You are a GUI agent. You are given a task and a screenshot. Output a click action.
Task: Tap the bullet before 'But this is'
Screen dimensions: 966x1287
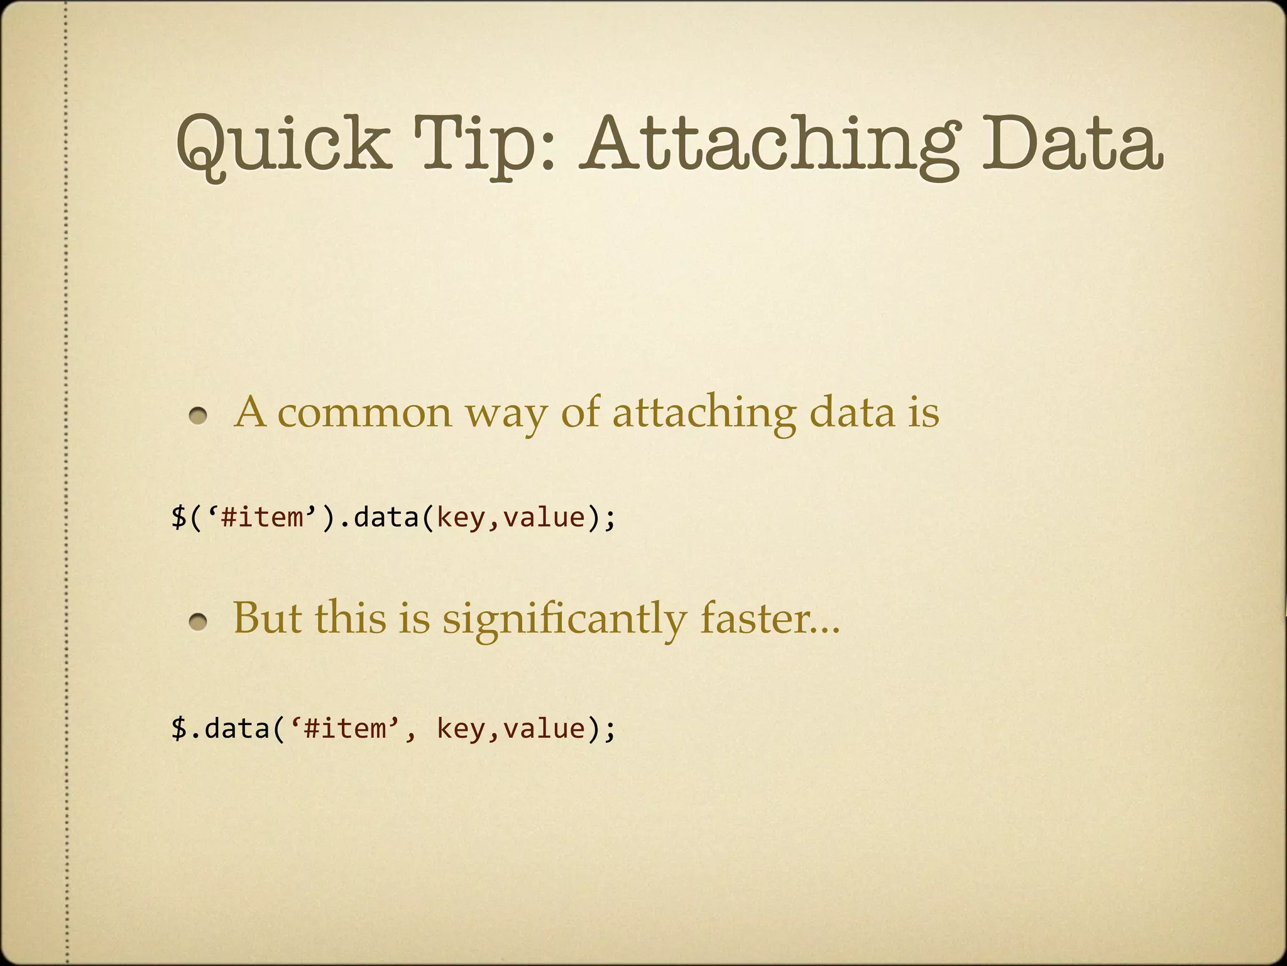pos(199,622)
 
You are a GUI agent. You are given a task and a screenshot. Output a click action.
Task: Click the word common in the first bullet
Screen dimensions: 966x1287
pos(364,414)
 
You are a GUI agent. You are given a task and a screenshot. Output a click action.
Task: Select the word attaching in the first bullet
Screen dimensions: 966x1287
pos(704,414)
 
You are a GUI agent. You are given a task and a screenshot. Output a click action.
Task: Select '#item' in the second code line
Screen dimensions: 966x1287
pos(345,729)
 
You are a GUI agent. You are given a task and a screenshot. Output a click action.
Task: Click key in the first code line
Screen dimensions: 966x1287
pos(460,518)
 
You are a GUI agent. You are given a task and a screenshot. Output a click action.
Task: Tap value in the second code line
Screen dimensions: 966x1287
pos(544,729)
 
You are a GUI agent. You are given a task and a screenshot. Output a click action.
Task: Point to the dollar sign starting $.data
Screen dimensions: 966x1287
pos(179,729)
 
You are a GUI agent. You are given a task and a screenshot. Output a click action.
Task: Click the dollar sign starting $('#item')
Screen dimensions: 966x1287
pos(179,518)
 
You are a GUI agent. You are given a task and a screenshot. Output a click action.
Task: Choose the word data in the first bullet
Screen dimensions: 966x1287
pos(852,414)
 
